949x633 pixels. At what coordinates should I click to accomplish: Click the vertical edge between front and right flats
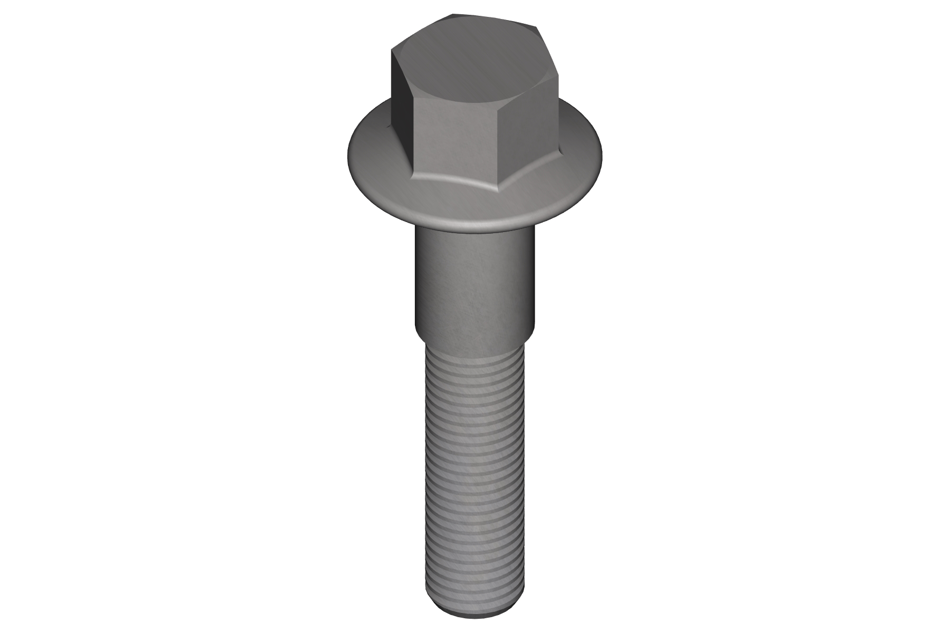tap(499, 142)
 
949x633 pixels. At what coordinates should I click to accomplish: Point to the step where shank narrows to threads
tap(475, 338)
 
